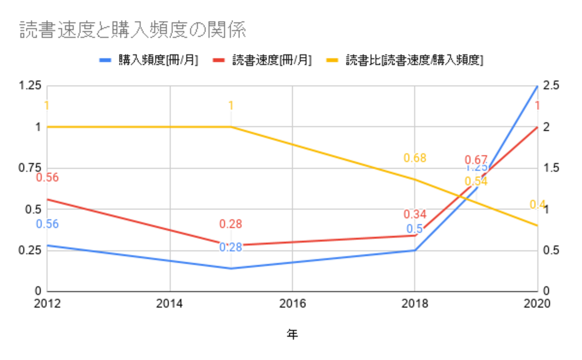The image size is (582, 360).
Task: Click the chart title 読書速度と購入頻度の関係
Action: tap(133, 30)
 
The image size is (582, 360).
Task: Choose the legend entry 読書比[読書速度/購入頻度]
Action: tap(414, 60)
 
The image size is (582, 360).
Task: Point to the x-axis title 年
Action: tap(292, 334)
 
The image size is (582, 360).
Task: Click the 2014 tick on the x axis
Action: tap(170, 304)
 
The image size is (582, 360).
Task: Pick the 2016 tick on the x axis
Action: tap(292, 304)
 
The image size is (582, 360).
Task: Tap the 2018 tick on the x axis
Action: tap(415, 304)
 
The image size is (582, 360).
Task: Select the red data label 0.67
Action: tap(475, 160)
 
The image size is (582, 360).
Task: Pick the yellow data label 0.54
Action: tap(476, 181)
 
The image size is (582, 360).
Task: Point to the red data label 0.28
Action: tap(231, 224)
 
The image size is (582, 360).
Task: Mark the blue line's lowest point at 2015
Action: tap(231, 269)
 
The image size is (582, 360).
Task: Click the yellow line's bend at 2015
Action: tap(231, 127)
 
